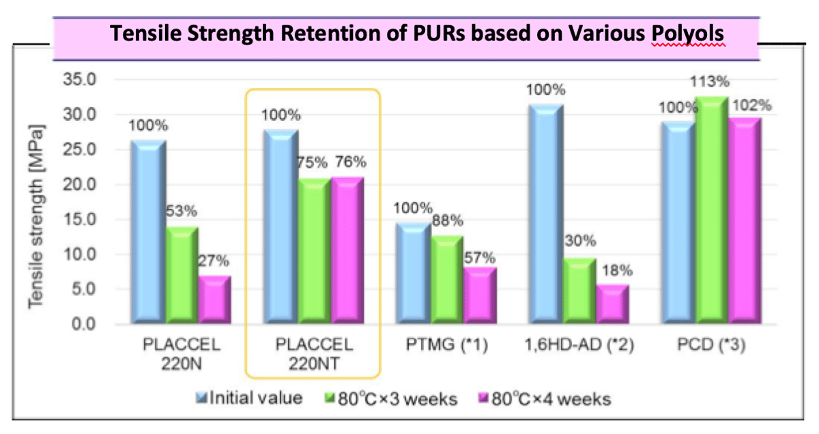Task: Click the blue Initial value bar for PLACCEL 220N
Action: (147, 232)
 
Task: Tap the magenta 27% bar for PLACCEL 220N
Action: (214, 300)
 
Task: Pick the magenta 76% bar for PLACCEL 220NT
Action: (346, 250)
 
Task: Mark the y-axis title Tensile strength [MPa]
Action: (36, 216)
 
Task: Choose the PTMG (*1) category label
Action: (446, 345)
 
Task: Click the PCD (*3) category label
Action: (711, 345)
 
